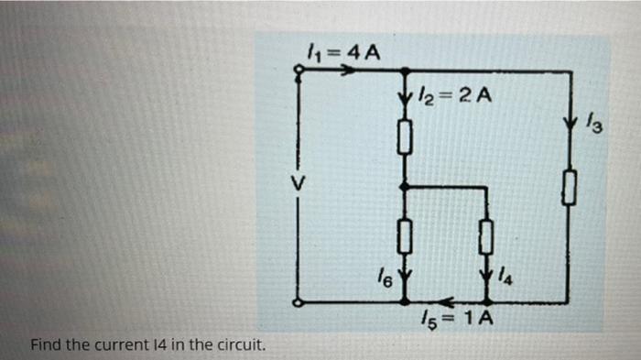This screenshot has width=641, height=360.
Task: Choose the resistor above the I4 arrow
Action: pos(486,237)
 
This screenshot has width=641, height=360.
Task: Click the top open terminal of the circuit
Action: pos(298,77)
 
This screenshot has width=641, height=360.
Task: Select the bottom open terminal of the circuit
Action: pos(297,301)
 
